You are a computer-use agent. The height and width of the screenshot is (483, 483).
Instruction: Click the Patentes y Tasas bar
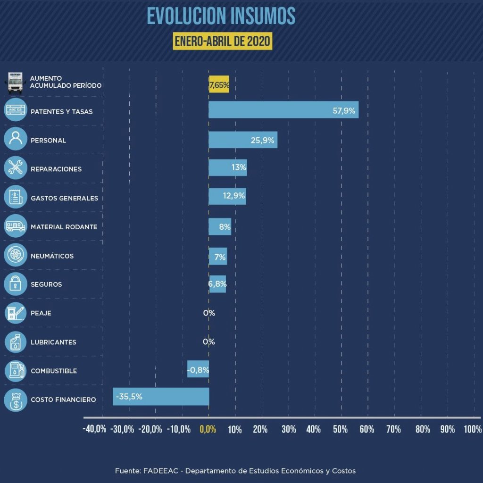283,109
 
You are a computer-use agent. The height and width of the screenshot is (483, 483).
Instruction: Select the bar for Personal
243,140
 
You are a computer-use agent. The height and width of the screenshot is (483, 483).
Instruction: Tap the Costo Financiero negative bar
161,396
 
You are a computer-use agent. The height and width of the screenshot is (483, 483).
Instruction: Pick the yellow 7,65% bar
219,84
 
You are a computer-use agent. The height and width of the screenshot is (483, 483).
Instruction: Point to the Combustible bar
198,369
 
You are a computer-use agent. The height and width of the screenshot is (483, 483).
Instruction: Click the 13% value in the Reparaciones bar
239,167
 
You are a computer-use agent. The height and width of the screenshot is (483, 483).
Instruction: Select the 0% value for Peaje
209,313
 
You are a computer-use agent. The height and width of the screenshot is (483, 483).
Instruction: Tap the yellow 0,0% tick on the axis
208,429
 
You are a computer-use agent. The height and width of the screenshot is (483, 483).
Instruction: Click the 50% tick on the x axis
340,429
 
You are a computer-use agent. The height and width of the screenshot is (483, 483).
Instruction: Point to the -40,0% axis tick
94,429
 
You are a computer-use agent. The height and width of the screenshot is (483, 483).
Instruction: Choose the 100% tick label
473,429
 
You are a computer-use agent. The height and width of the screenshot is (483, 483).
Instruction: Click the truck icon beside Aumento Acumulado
15,83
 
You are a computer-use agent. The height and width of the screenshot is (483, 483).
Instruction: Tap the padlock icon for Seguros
16,284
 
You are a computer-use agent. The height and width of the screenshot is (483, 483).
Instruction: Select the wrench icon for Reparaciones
16,168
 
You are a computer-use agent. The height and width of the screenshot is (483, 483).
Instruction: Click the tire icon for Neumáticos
16,255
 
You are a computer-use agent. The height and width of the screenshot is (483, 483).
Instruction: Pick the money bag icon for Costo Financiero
16,400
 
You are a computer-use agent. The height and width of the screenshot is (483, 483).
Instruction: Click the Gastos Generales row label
64,198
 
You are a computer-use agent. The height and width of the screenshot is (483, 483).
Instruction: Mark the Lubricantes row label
53,342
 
